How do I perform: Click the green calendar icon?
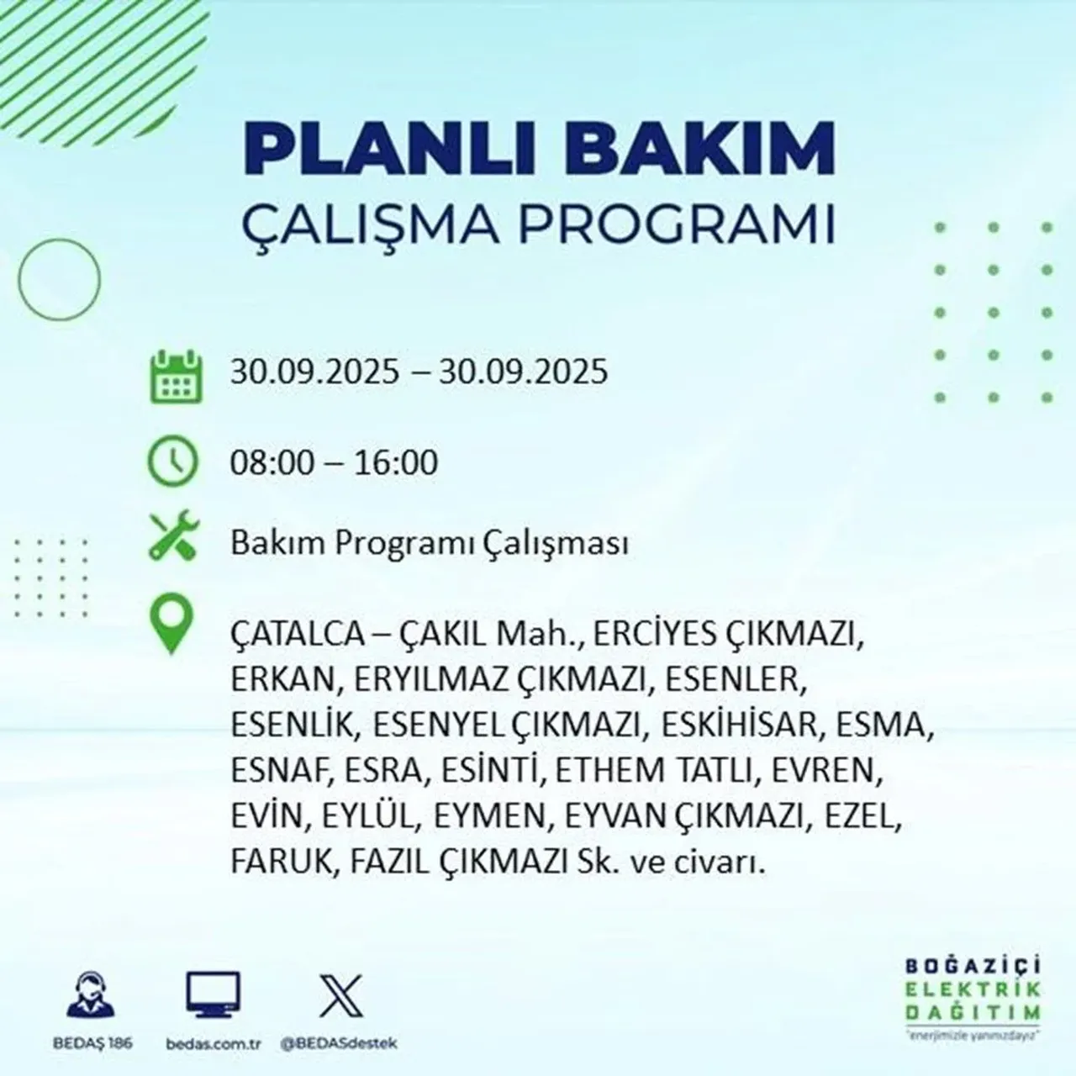[x=175, y=376]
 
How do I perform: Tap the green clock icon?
[x=173, y=463]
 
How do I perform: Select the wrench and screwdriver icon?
[x=173, y=537]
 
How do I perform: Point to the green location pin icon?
[x=171, y=625]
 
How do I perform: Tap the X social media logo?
[x=340, y=997]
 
